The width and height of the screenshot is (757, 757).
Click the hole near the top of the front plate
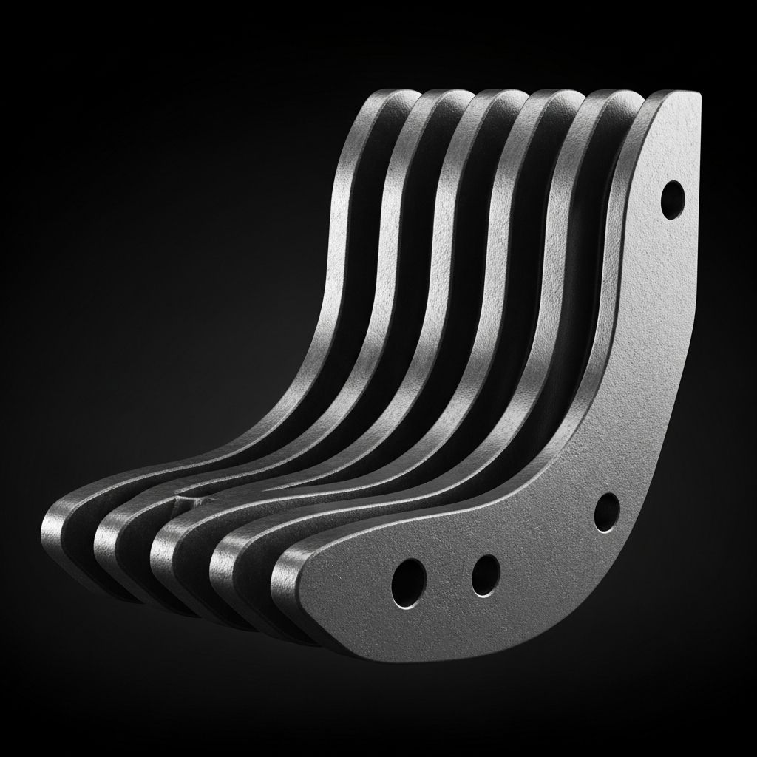point(672,199)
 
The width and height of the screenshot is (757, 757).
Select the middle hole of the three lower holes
point(485,574)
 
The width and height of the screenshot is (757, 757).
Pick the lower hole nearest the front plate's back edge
point(606,512)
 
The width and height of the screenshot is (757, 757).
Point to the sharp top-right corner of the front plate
point(696,95)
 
